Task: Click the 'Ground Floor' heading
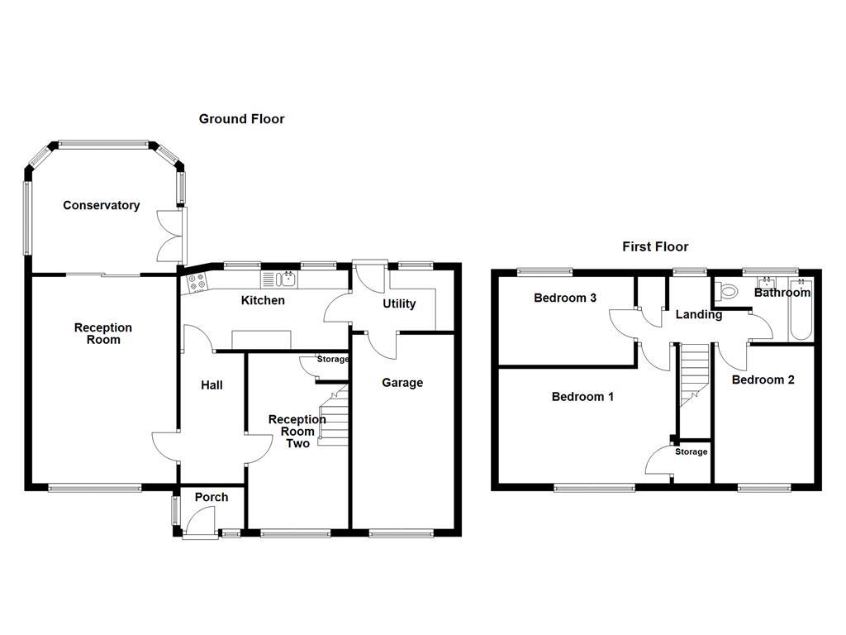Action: coord(241,119)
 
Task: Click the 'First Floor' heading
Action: coord(654,246)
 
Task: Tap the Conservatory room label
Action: coord(102,205)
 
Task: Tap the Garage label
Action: coord(402,383)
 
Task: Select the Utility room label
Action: coord(399,303)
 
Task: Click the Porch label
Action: coord(211,497)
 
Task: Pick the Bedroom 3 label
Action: coord(565,298)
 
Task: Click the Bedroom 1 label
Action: coord(582,397)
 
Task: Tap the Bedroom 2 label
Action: coord(763,380)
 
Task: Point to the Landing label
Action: coord(699,314)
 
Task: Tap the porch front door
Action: coord(198,523)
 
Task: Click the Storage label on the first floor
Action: coord(692,451)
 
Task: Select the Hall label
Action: coord(211,384)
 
